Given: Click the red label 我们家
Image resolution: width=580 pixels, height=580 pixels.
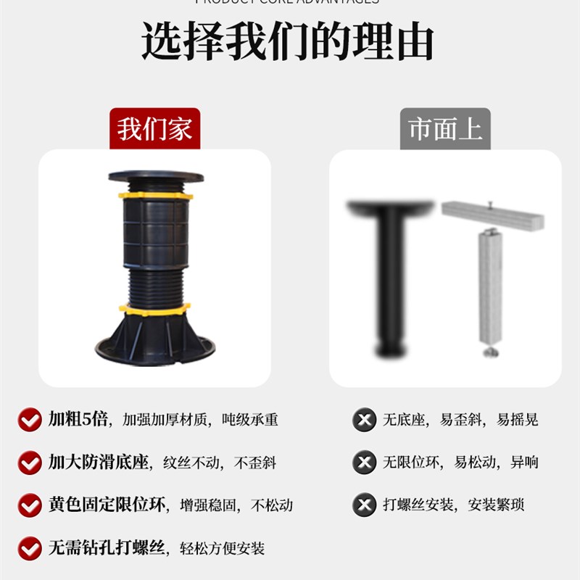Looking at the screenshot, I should point(155,130).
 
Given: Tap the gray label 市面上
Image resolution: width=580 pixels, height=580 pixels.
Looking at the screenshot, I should point(445,130).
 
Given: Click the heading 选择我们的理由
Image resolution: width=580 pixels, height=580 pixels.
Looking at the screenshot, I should point(288,41).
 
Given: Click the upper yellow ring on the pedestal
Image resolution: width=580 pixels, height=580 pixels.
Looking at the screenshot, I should point(155,195).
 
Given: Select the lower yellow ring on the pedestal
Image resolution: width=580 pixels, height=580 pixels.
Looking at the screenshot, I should point(154,310).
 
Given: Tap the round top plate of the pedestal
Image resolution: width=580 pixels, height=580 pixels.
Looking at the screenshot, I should point(155,176).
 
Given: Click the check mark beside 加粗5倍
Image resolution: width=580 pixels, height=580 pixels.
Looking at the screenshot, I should point(30,420).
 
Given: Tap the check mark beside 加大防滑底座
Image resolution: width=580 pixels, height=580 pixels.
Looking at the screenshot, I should point(30,463).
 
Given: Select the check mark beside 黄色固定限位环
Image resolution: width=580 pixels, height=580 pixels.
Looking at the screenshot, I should point(30,505).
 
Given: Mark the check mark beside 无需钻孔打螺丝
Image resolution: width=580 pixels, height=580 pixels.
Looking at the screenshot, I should point(30,548).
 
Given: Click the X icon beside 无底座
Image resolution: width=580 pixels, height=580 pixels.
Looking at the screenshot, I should point(364,420).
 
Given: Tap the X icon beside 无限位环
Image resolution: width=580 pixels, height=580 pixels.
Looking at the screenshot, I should point(364,463).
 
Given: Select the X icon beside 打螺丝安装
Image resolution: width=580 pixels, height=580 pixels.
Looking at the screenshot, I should point(364,505).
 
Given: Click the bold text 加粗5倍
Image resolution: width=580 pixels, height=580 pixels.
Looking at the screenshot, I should point(78,419).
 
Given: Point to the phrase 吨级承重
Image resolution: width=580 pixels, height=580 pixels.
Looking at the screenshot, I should point(250,420).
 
